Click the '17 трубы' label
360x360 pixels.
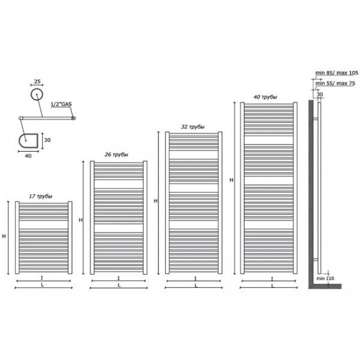(x=41, y=197)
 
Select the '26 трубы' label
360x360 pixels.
(x=116, y=155)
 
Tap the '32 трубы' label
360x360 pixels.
(x=193, y=127)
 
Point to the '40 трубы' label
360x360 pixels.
(x=265, y=97)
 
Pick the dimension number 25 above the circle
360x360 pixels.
(x=37, y=80)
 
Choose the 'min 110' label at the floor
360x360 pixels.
(x=325, y=280)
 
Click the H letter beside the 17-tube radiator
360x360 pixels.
(x=4, y=236)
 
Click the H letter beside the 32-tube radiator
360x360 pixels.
(x=155, y=201)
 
